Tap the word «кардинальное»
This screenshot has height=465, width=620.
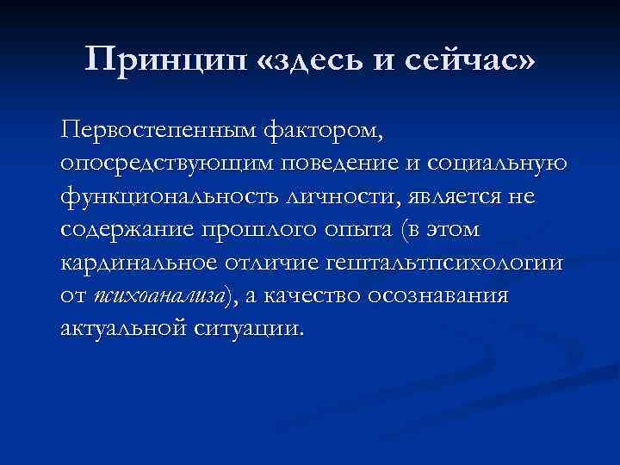click(141, 263)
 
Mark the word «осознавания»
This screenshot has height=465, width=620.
click(439, 295)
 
